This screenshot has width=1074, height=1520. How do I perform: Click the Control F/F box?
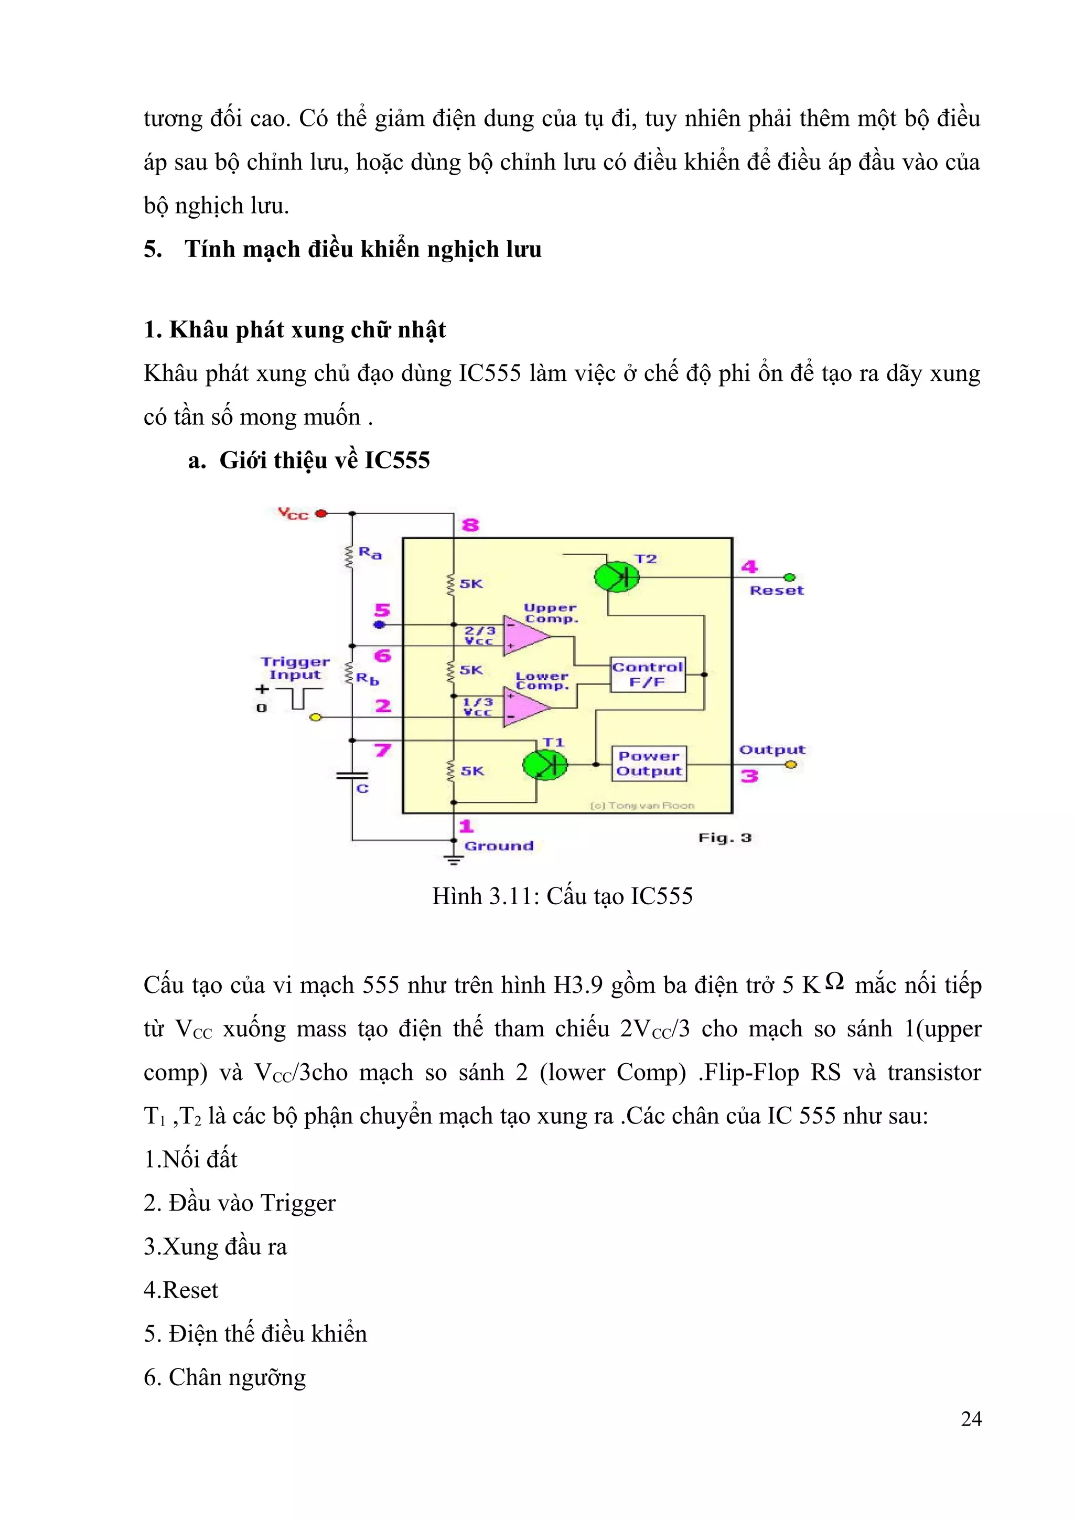[647, 675]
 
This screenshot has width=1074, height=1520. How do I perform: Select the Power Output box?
[649, 764]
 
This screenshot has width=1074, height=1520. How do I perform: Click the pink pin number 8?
[470, 526]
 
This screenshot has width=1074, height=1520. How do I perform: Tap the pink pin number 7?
[382, 750]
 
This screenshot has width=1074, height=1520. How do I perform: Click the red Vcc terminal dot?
[321, 513]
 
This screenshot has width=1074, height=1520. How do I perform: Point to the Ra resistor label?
[370, 553]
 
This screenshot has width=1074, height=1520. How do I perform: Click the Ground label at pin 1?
[498, 846]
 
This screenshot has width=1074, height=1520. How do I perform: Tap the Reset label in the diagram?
[776, 591]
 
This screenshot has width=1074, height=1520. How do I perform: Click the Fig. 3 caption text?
[725, 838]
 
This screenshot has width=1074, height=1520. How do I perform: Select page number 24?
[971, 1419]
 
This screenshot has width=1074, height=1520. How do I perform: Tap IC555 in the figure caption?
[661, 896]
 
